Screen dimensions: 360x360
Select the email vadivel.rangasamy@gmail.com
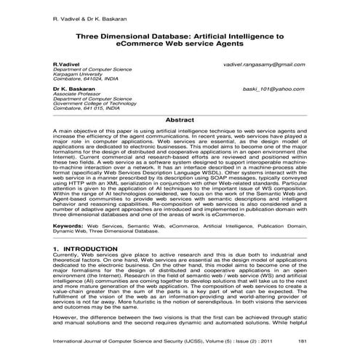[x=264, y=64]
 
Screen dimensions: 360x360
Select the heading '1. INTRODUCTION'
[x=86, y=249]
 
